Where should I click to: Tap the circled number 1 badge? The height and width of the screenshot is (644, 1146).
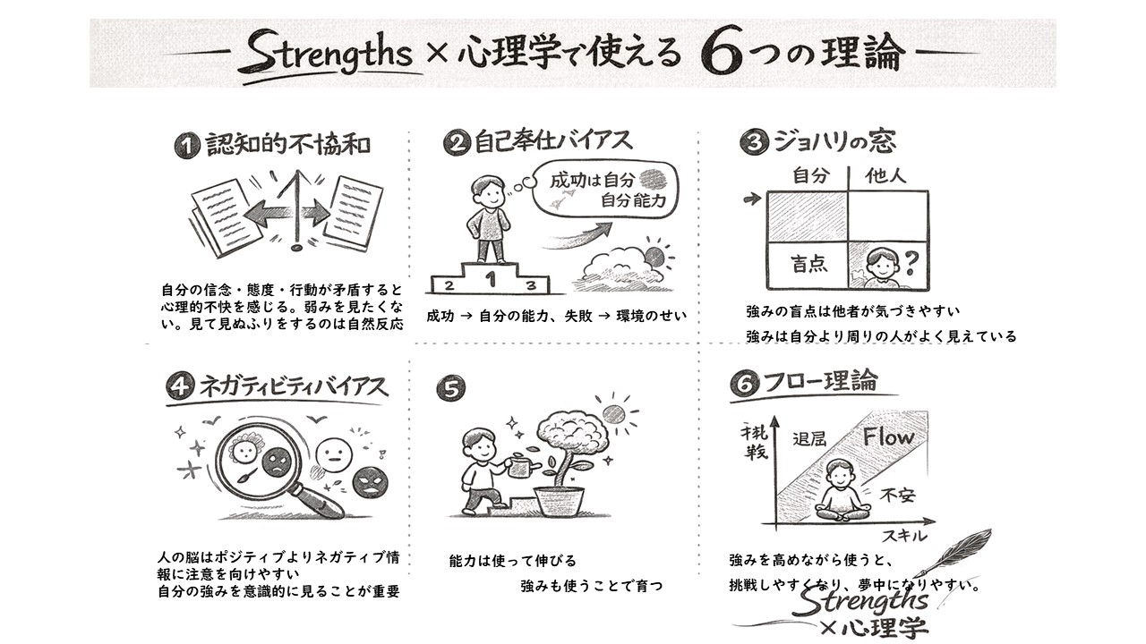[187, 146]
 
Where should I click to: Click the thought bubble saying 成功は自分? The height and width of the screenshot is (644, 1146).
[607, 191]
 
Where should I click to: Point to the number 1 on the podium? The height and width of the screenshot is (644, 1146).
[491, 279]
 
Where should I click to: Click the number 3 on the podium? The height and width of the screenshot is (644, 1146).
[531, 285]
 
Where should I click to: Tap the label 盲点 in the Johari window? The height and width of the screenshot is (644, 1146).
[808, 264]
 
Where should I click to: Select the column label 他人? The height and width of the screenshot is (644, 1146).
[885, 176]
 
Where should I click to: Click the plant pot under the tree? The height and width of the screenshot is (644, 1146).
[559, 501]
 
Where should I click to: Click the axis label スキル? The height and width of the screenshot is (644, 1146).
[904, 536]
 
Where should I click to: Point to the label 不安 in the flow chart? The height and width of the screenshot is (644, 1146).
[898, 495]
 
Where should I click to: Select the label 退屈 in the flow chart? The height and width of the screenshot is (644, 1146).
[809, 438]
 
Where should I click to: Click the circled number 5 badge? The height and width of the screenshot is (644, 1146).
[450, 388]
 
